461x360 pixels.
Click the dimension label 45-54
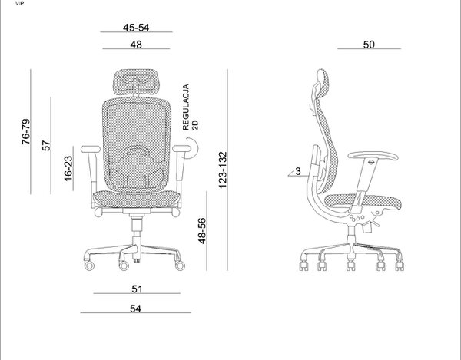click(x=136, y=28)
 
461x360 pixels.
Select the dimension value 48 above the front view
click(x=136, y=45)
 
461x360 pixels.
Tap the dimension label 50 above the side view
click(x=369, y=45)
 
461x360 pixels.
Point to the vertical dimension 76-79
click(x=26, y=131)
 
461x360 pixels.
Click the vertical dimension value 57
click(x=46, y=146)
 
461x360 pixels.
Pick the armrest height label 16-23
click(x=68, y=169)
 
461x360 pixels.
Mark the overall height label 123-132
click(x=223, y=170)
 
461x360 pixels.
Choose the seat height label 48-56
click(x=202, y=231)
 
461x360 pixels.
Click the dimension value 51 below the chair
click(x=137, y=289)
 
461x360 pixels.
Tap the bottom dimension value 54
click(x=135, y=309)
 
